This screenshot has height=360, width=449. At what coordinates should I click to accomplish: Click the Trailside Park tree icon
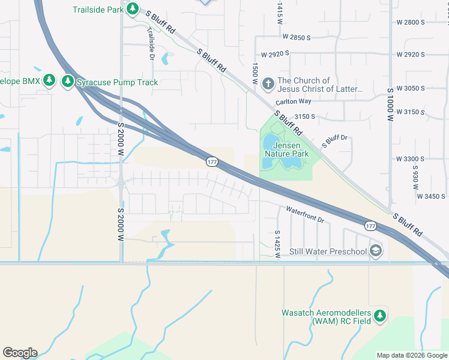[x=133, y=10]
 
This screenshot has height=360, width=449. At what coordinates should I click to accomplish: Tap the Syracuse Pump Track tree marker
[x=68, y=82]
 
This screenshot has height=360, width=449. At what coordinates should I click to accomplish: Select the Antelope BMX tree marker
[x=50, y=80]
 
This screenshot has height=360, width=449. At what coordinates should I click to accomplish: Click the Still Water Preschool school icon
[x=376, y=251]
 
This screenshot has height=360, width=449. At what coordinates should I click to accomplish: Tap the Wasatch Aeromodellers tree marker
[x=379, y=316]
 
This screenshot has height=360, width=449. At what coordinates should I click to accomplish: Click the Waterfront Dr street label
[x=305, y=215]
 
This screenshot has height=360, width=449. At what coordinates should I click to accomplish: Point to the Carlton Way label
[x=294, y=102]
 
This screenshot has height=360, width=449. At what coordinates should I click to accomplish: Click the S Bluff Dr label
[x=335, y=142]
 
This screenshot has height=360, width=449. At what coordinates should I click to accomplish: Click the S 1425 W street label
[x=277, y=244]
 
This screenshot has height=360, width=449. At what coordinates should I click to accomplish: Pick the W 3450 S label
[x=431, y=196]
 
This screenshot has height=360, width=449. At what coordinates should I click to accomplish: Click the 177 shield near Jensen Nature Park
[x=211, y=162]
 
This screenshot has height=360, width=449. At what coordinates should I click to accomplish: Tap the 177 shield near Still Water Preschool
[x=370, y=225]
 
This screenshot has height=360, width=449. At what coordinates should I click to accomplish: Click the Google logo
[x=20, y=353]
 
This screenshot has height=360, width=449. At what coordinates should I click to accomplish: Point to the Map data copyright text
[x=411, y=355]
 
